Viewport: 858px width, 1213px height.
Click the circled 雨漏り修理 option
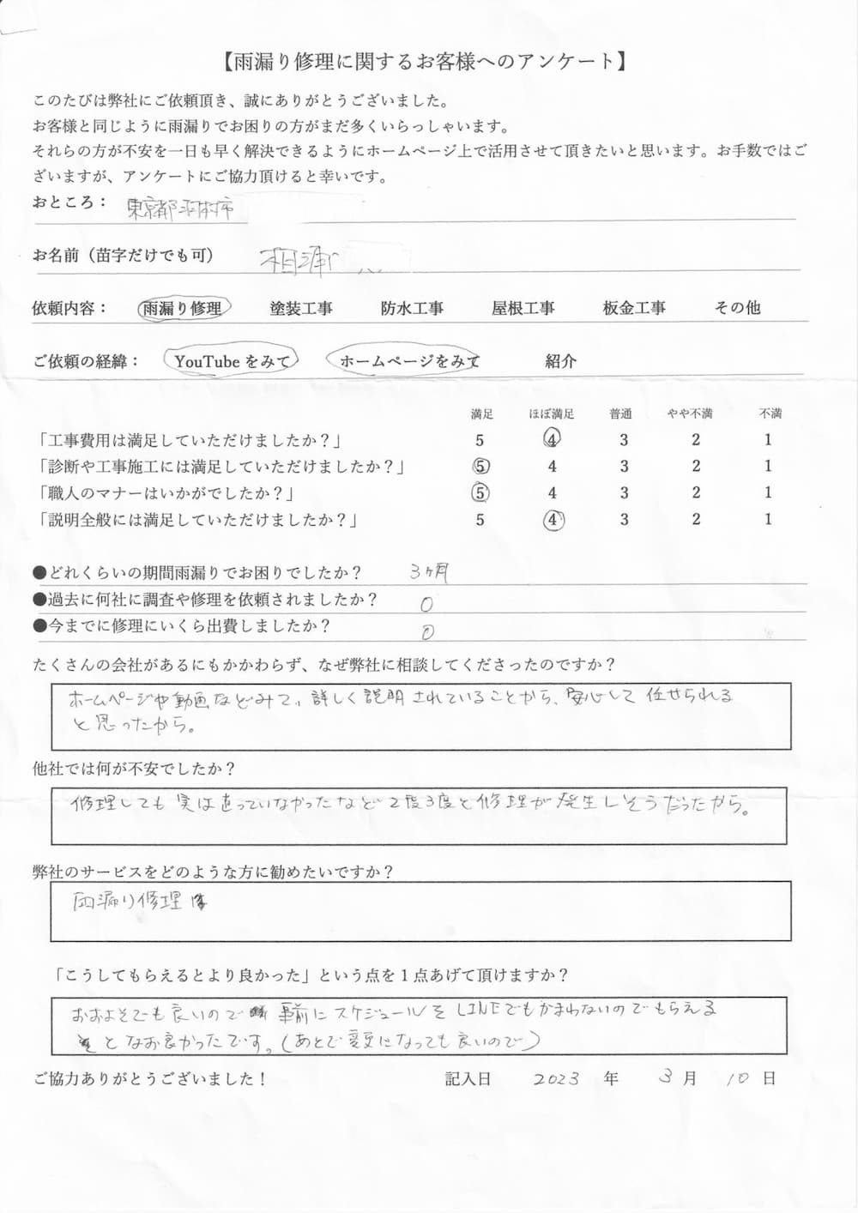tap(182, 309)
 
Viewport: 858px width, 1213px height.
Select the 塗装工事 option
tap(300, 309)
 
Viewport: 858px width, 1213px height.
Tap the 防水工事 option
tap(412, 309)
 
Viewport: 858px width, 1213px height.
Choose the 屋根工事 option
tap(523, 308)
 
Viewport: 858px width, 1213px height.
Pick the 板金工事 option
tap(634, 308)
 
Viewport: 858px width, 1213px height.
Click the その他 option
tap(737, 307)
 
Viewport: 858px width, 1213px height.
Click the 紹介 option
tap(560, 361)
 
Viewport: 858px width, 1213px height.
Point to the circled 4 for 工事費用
tap(552, 439)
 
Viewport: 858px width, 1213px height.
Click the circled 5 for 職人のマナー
tap(480, 493)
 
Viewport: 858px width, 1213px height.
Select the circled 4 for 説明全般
tap(553, 520)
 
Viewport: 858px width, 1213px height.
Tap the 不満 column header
tap(770, 413)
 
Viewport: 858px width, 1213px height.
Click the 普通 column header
tap(621, 413)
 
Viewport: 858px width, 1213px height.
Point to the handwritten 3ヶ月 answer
tap(429, 572)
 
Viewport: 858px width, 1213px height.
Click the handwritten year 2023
tap(555, 1079)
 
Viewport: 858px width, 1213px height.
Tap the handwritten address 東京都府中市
tap(180, 209)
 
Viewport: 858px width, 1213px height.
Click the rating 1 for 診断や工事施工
tap(768, 466)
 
